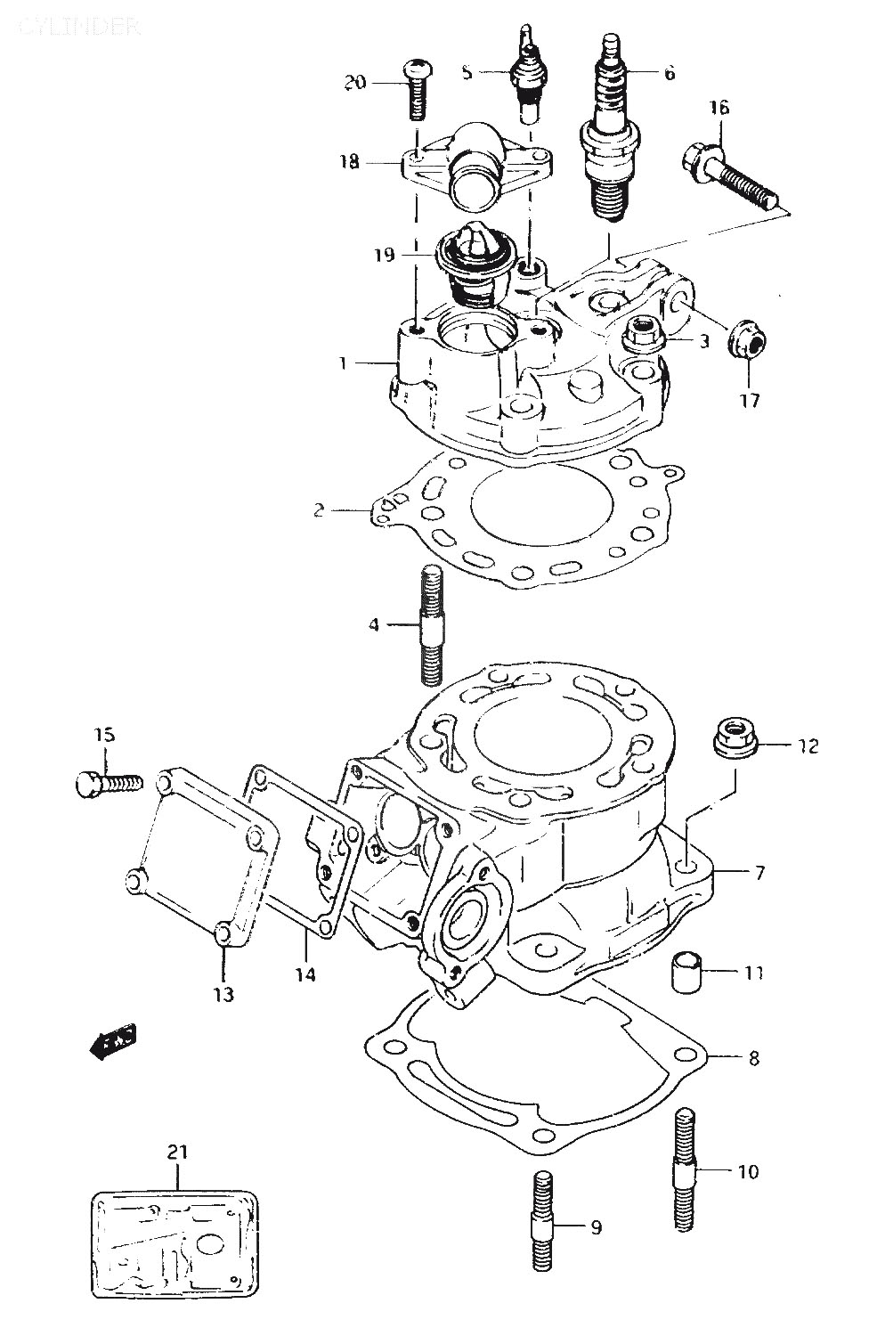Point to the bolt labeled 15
108,784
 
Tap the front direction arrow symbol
115,1039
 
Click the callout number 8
753,1058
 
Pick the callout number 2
319,510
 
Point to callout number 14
305,974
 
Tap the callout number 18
348,162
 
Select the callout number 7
759,873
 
